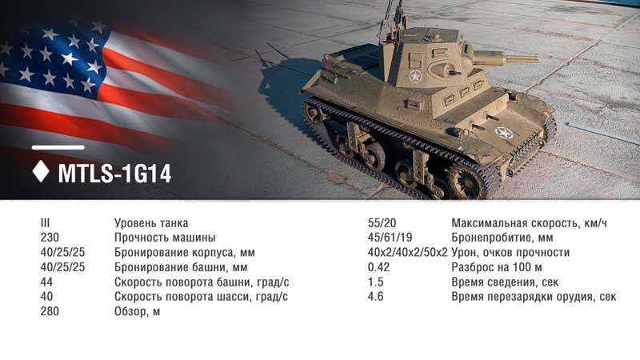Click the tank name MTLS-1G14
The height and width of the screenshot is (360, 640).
(114, 174)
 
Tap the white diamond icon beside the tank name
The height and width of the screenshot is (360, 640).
(41, 171)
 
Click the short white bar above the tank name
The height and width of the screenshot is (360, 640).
(58, 147)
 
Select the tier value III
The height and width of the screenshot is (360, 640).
(45, 223)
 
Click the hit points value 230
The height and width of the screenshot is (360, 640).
(50, 238)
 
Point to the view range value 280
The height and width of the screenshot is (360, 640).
(50, 311)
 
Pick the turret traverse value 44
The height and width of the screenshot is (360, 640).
(46, 282)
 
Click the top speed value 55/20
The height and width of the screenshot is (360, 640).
(382, 223)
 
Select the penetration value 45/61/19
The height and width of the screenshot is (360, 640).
(390, 238)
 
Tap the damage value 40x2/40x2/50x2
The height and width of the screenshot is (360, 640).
(407, 252)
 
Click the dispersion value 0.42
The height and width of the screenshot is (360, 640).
(378, 267)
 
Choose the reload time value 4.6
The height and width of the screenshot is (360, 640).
(375, 297)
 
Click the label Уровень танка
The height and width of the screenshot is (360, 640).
(151, 223)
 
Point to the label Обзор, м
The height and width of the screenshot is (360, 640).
(137, 312)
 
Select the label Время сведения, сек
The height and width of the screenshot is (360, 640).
(505, 282)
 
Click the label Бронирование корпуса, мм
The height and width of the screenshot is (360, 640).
(185, 253)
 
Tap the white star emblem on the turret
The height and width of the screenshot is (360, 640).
(415, 76)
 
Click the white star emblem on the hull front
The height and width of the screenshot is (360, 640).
(505, 133)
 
